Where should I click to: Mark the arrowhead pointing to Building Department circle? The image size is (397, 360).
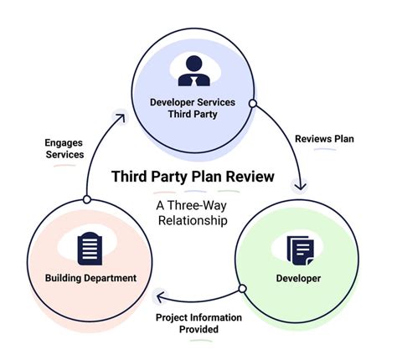pyautogui.click(x=159, y=295)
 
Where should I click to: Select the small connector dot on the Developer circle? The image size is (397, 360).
pyautogui.click(x=242, y=289)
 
